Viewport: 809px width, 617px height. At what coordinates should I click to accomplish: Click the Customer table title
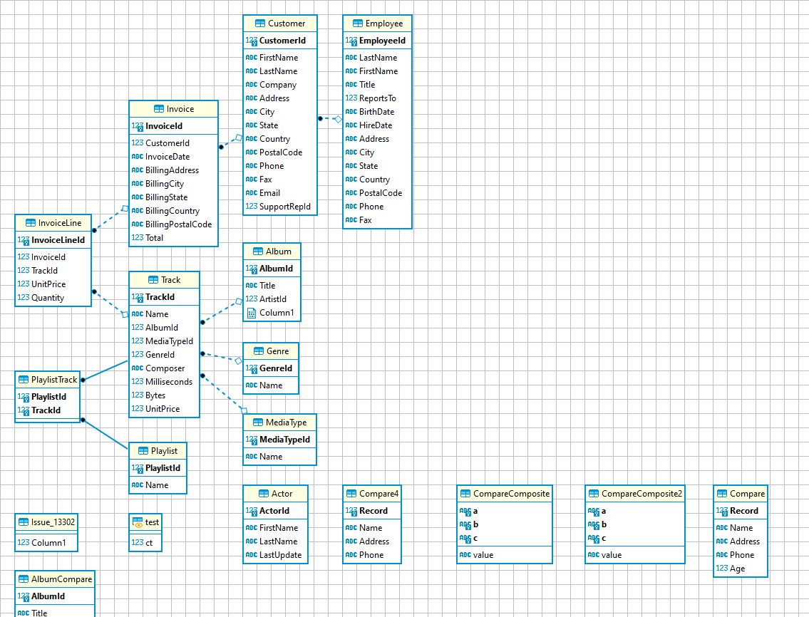click(x=287, y=24)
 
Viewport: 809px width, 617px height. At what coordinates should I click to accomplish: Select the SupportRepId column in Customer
click(x=284, y=207)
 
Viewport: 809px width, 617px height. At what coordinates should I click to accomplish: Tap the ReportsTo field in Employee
click(x=377, y=98)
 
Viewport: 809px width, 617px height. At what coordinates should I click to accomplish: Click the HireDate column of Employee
click(x=375, y=125)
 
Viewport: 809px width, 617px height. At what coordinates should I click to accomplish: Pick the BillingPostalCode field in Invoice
click(x=178, y=224)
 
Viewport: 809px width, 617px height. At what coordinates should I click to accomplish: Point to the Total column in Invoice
click(x=154, y=238)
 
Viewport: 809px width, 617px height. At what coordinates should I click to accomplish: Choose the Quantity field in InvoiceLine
click(x=48, y=298)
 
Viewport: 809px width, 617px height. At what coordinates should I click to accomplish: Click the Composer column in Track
click(x=165, y=368)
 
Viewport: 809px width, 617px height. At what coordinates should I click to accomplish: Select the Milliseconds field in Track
click(x=169, y=382)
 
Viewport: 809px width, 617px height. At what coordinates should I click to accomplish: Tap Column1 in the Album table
click(x=276, y=313)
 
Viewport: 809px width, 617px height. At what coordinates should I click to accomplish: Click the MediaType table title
click(x=286, y=422)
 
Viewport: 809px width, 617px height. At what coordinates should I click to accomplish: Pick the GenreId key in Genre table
click(x=275, y=368)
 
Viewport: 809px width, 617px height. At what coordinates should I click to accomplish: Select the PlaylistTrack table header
click(x=54, y=380)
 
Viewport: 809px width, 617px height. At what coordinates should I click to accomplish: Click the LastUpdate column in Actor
click(x=280, y=555)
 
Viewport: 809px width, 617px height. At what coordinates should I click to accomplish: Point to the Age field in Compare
click(x=737, y=569)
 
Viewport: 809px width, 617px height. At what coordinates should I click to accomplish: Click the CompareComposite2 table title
click(x=641, y=494)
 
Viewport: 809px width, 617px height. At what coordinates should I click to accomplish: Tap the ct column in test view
click(x=149, y=543)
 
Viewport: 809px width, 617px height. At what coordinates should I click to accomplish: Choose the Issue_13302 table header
click(x=53, y=522)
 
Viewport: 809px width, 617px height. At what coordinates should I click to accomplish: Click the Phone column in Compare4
click(x=371, y=555)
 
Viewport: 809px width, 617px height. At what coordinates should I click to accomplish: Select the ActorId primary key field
click(x=274, y=511)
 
